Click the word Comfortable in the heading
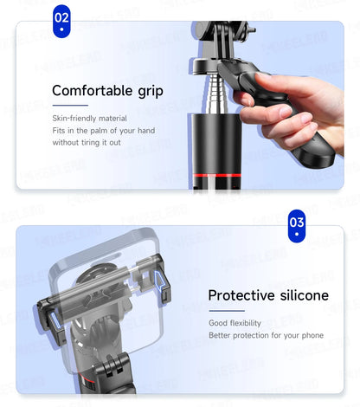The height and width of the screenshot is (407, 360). [90, 90]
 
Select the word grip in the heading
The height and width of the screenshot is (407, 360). [147, 91]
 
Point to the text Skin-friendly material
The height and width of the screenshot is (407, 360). [89, 118]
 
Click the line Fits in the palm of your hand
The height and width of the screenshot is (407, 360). [104, 130]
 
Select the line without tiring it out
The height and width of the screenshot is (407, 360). [86, 142]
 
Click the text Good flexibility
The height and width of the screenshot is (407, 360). [234, 323]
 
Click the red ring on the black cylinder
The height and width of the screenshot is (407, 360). [211, 176]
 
